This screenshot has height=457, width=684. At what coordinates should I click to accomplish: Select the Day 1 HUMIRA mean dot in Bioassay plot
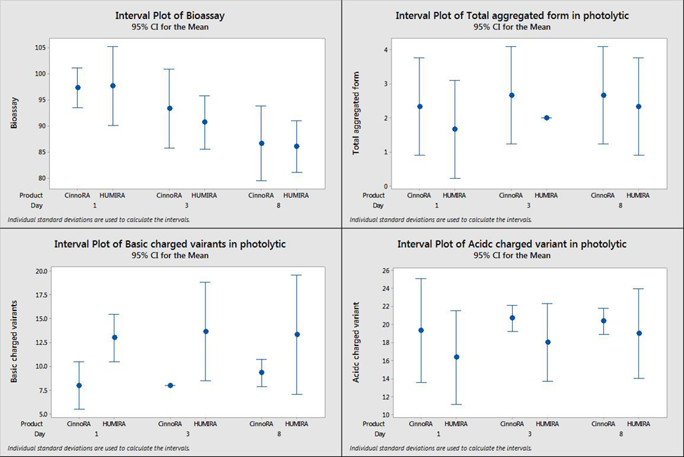(x=113, y=86)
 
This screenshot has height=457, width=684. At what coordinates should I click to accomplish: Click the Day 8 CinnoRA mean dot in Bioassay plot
(x=262, y=143)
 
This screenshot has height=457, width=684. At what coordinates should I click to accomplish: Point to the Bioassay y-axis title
(x=14, y=112)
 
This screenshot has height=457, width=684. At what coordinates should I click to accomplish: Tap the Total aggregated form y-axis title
(x=356, y=112)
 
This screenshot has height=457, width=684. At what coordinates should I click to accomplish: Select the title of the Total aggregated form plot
(x=512, y=15)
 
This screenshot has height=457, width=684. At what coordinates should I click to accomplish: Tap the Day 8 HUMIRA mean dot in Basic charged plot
(x=297, y=334)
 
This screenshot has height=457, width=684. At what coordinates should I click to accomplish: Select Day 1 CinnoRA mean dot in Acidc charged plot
(x=420, y=330)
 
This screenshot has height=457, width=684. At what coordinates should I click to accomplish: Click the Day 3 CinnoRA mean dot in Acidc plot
(x=512, y=318)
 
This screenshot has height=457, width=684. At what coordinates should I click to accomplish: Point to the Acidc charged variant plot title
(x=512, y=244)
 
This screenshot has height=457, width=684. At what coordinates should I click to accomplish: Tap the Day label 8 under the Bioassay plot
(x=279, y=205)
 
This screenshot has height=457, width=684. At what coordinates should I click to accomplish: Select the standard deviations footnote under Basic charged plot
(x=98, y=449)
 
